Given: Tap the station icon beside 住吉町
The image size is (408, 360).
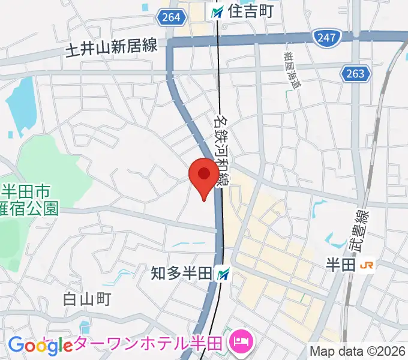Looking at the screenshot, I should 217,10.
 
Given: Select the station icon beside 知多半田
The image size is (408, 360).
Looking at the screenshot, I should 224,274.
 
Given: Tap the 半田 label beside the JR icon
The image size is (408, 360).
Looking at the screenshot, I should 342,265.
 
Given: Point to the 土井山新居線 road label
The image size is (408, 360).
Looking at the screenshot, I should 112,47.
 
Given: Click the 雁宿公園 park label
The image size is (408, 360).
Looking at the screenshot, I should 30,208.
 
